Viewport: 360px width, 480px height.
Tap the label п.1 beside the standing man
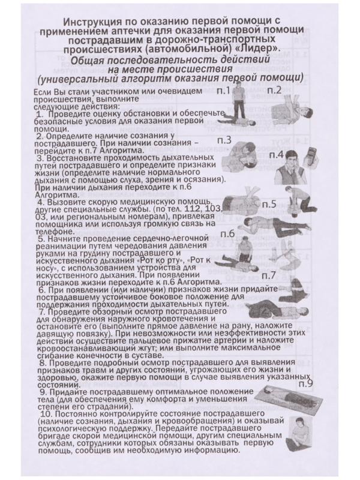[x=223, y=91]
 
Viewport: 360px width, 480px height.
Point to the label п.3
[x=225, y=140]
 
